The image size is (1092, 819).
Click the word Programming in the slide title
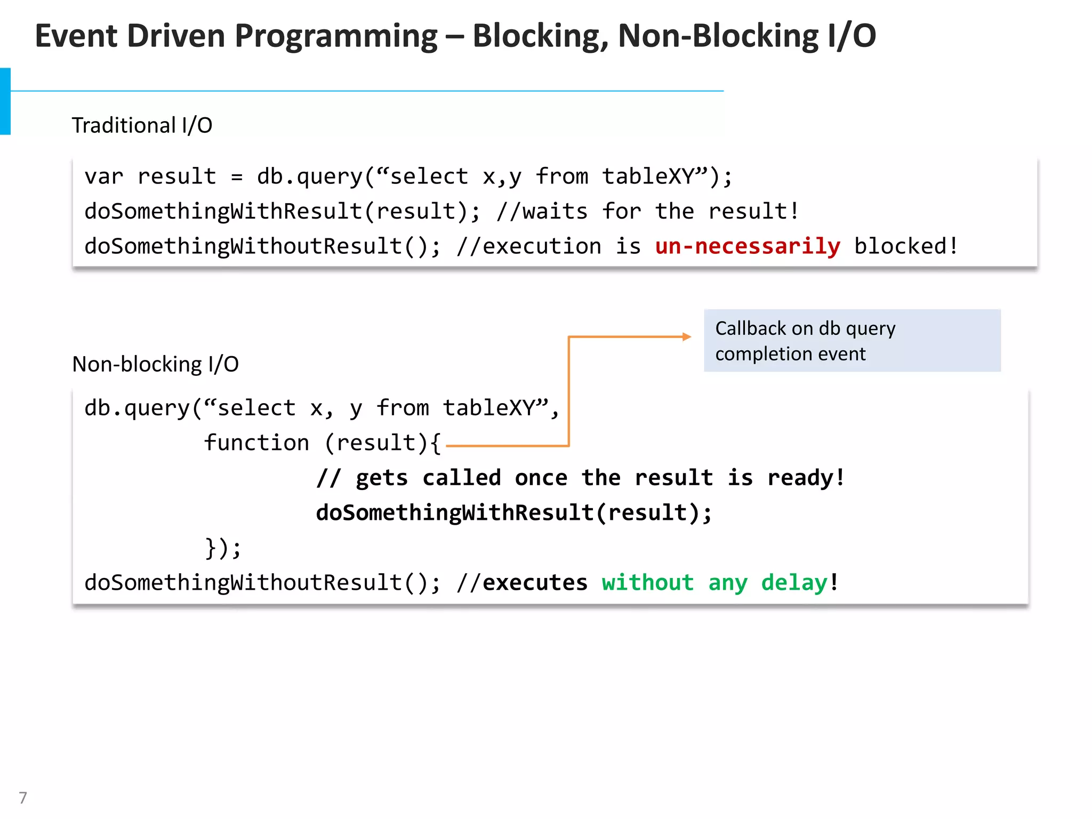click(x=336, y=36)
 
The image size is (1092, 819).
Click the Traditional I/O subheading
click(x=142, y=125)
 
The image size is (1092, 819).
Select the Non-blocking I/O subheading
click(x=155, y=364)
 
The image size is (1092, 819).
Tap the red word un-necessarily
click(x=748, y=246)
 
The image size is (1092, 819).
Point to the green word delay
click(x=794, y=583)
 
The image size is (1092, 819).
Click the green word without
click(x=648, y=583)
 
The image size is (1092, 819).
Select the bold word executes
click(x=535, y=583)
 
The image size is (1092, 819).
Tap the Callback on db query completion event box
click(x=852, y=341)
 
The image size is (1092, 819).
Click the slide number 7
click(x=23, y=798)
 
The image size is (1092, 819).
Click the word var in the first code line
click(x=104, y=176)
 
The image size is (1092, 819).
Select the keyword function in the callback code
click(x=256, y=443)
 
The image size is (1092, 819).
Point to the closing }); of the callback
click(x=223, y=548)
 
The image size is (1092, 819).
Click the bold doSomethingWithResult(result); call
click(x=513, y=513)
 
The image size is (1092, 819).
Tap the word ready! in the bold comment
click(x=806, y=478)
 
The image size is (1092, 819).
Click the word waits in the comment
click(x=555, y=212)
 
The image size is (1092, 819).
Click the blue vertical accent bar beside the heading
click(x=5, y=101)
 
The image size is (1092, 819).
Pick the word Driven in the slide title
click(x=176, y=36)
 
